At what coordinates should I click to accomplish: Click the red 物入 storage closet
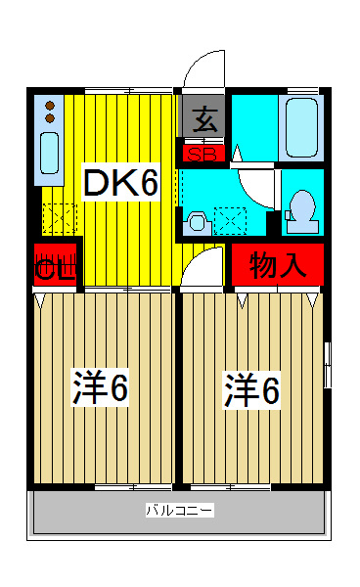pos(278,264)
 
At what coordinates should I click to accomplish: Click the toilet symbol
pos(303,208)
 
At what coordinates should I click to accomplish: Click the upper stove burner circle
pos(50,105)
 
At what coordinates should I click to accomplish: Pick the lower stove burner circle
pos(50,118)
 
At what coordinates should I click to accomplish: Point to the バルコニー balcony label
pos(179,510)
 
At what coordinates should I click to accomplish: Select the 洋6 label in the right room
pos(251,390)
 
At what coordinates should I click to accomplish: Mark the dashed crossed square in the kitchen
pos(59,218)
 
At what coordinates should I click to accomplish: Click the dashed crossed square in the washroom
pos(232,221)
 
